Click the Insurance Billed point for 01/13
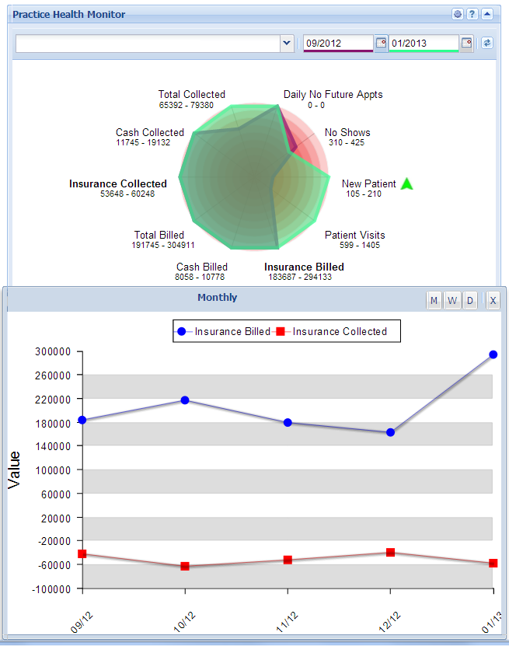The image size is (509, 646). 493,354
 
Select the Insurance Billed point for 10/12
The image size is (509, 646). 185,400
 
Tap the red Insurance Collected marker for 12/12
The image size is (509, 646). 390,553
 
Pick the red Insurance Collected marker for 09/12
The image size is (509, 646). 82,553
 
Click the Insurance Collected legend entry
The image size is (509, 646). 340,331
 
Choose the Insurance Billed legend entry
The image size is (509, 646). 232,331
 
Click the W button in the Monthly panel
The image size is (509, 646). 452,301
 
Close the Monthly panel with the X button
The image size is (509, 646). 493,301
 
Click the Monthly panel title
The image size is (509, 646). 218,298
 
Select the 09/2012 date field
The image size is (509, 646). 339,44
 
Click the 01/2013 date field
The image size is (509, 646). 424,44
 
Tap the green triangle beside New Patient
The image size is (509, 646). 406,184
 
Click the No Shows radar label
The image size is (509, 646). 347,132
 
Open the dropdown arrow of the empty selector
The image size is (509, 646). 286,44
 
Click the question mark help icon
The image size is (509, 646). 472,14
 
